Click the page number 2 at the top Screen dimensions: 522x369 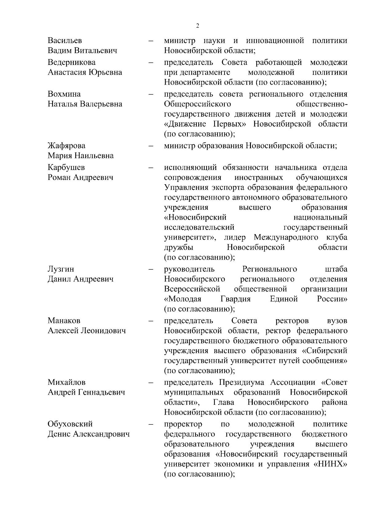pyautogui.click(x=197, y=26)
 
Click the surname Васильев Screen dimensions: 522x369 pyautogui.click(x=65, y=41)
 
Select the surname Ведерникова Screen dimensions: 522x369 pyautogui.click(x=72, y=62)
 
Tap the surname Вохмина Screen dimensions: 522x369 pyautogui.click(x=64, y=94)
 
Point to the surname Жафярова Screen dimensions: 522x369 pyautogui.click(x=66, y=145)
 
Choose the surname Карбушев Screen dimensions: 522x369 pyautogui.click(x=66, y=167)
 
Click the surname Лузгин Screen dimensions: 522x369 pyautogui.click(x=61, y=269)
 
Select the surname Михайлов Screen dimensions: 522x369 pyautogui.click(x=66, y=382)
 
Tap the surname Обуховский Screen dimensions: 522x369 pyautogui.click(x=70, y=424)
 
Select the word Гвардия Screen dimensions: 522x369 pyautogui.click(x=236, y=299)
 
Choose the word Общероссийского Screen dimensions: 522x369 pyautogui.click(x=197, y=104)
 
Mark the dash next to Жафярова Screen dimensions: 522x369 pyautogui.click(x=151, y=146)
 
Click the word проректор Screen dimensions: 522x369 pyautogui.click(x=183, y=424)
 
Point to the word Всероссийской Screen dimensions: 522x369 pyautogui.click(x=192, y=289)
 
